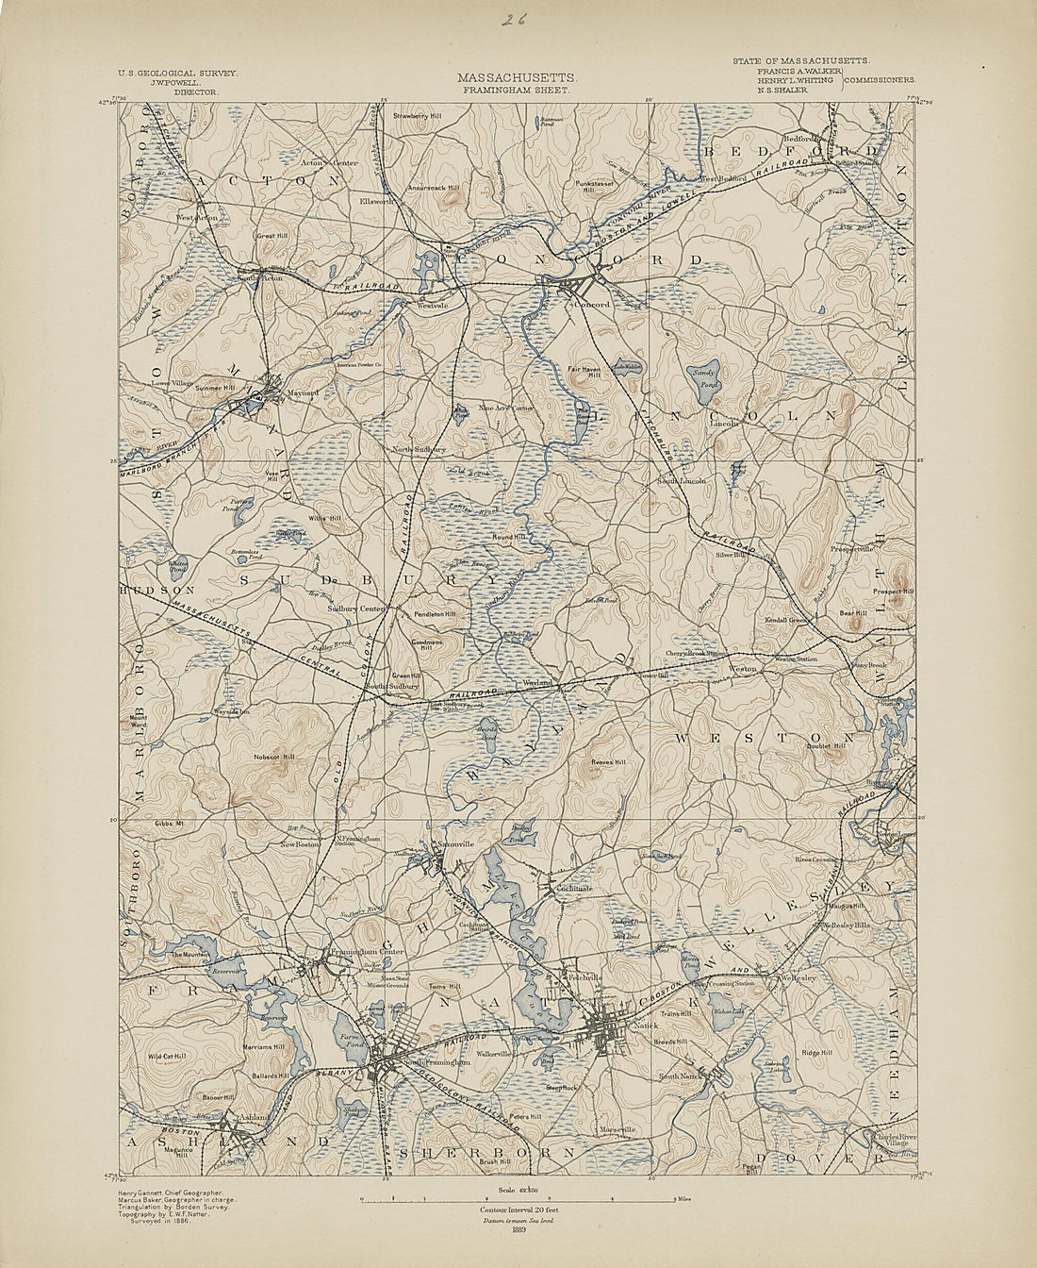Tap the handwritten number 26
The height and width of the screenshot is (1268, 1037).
pos(514,20)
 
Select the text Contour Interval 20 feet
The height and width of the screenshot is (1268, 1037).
pos(515,1210)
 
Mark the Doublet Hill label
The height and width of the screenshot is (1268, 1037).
pos(826,746)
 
